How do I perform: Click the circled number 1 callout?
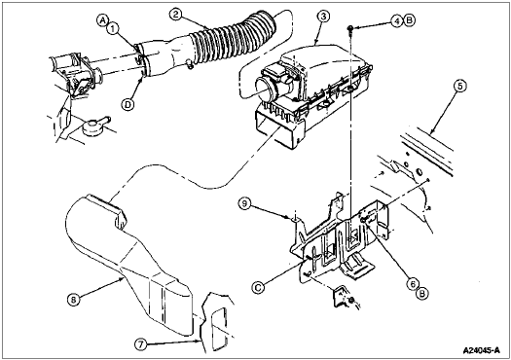pos(113,29)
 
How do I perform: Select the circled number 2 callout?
pos(175,15)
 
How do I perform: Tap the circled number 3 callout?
pos(323,17)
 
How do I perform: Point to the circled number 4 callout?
pos(396,21)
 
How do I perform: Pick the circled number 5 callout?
pos(459,86)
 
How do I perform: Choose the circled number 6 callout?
pos(413,284)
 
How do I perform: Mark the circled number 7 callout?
pos(140,344)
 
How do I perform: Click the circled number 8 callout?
pos(73,299)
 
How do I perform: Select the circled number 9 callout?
pos(245,203)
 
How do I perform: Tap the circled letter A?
pos(102,20)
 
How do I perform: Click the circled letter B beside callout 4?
pos(409,20)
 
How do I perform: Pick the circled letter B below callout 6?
pos(422,294)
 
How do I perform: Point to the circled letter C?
pos(258,288)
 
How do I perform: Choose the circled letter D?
pos(128,104)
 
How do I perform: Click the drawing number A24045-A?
pos(482,350)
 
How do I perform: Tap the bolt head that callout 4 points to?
pos(350,28)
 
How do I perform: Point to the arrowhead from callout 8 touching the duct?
pos(122,278)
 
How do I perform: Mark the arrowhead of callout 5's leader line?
pos(431,132)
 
